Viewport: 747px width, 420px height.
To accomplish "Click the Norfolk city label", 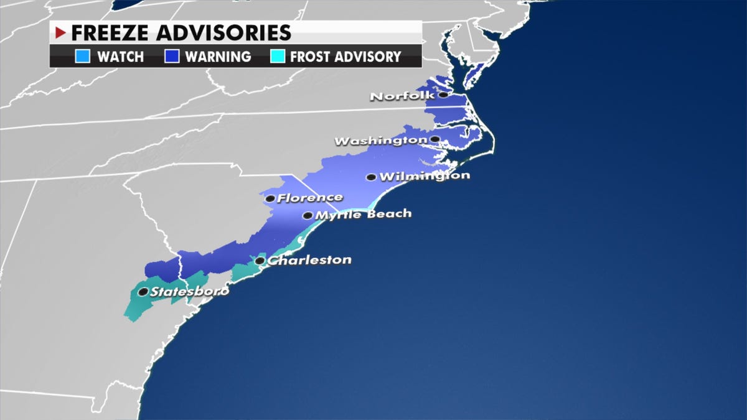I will [402, 96].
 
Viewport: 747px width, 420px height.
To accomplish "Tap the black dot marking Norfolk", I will [443, 95].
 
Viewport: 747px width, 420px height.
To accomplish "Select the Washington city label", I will [380, 141].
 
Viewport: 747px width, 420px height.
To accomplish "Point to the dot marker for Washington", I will [435, 139].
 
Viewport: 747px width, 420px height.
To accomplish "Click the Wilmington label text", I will [424, 176].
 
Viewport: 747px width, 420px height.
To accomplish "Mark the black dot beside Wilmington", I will [371, 177].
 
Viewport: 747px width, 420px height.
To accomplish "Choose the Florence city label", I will [309, 198].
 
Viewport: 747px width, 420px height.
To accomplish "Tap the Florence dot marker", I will [270, 199].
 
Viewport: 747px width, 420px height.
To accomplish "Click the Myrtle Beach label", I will [364, 214].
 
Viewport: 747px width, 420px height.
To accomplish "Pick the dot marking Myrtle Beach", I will [308, 216].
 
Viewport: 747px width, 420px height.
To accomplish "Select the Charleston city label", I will [309, 259].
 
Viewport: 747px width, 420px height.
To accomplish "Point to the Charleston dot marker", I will [260, 261].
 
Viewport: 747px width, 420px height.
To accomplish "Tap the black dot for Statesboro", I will [143, 292].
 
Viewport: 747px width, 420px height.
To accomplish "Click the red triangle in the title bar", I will [61, 32].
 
